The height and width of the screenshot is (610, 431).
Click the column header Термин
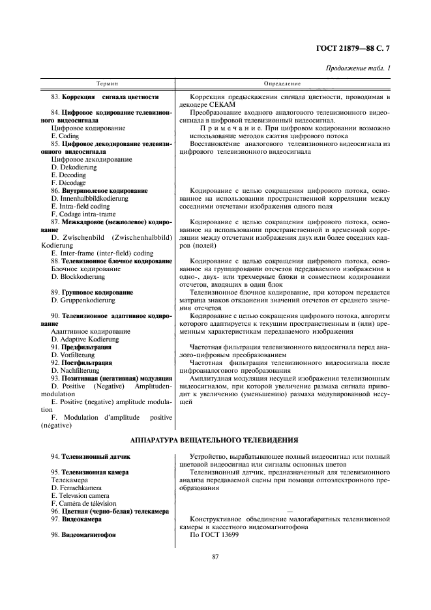(108, 84)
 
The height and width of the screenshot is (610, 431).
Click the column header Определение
(282, 84)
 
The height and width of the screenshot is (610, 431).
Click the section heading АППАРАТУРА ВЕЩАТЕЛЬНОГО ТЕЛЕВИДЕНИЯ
(215, 440)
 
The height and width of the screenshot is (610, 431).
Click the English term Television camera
(80, 495)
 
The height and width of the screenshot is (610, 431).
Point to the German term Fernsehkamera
(78, 487)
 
